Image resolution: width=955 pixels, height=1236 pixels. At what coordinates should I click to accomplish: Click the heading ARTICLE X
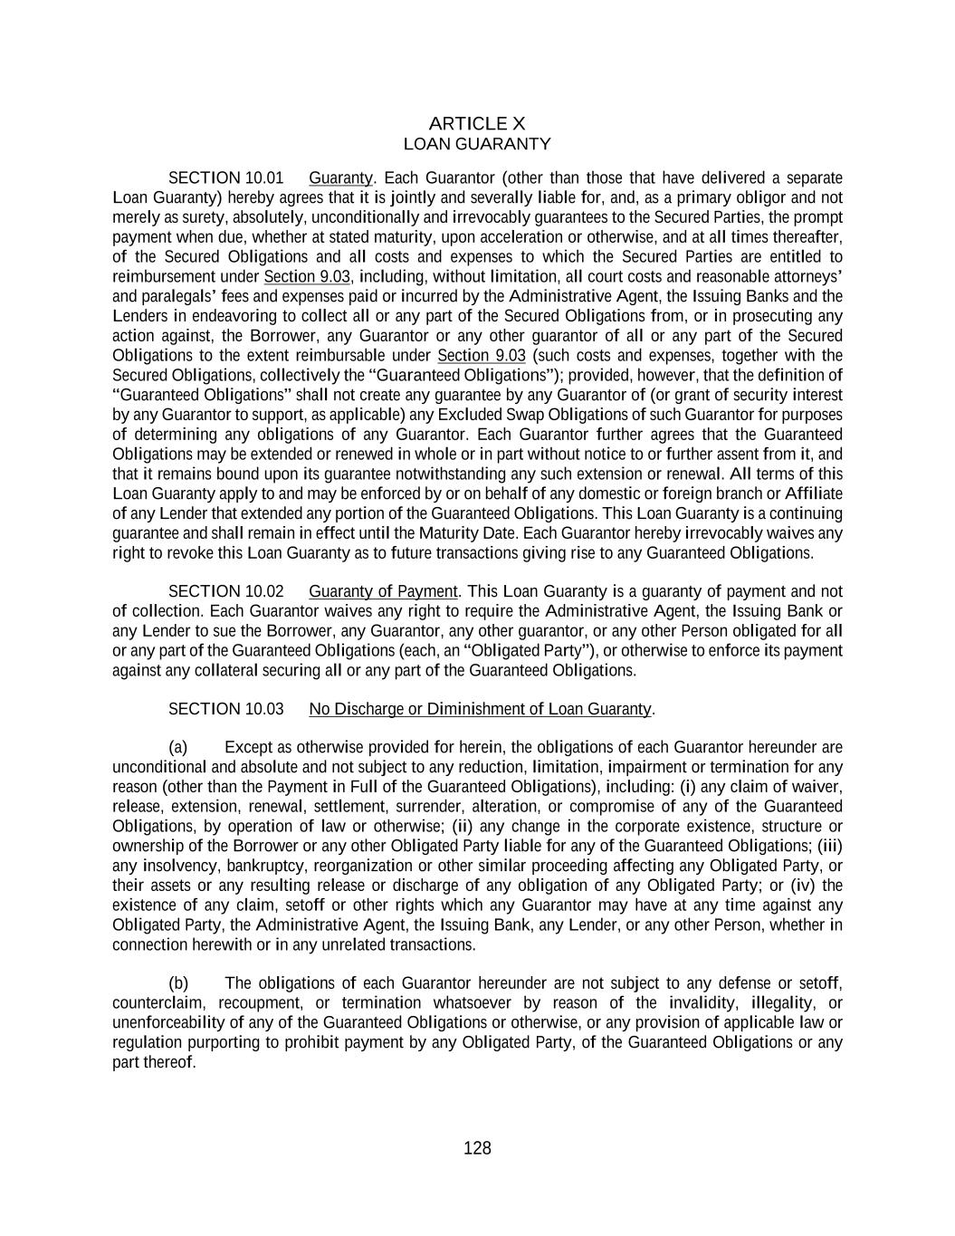(x=476, y=123)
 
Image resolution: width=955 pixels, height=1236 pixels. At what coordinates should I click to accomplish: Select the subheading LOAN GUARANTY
(x=476, y=144)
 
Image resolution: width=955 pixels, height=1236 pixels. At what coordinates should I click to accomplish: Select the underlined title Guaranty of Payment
(x=383, y=591)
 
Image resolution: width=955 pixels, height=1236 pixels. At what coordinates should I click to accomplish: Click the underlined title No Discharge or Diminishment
(x=480, y=708)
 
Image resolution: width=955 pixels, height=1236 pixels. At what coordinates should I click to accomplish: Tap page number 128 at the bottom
(x=477, y=1148)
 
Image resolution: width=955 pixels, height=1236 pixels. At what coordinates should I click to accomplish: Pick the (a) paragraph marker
(x=178, y=747)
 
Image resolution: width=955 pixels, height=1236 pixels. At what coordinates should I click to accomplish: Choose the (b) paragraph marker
(x=178, y=983)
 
